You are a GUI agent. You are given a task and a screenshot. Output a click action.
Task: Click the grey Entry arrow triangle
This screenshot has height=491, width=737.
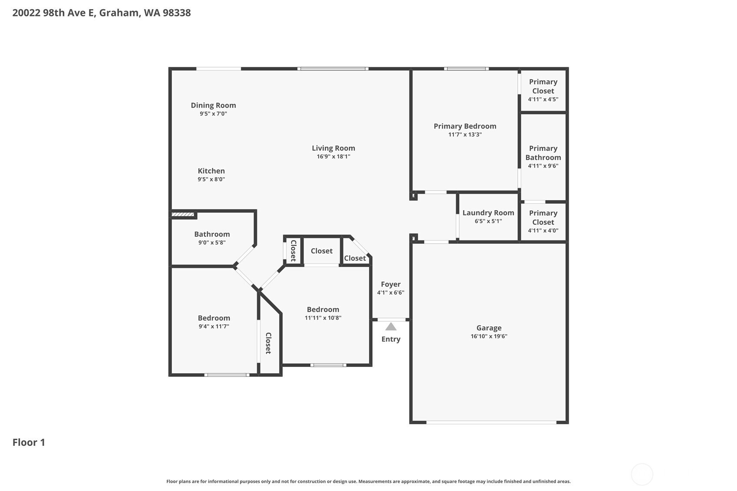pos(390,326)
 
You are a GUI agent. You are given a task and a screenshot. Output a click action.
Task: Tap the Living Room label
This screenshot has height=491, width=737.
pos(333,148)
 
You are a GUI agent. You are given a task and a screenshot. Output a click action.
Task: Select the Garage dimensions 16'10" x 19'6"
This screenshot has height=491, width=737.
pos(489,336)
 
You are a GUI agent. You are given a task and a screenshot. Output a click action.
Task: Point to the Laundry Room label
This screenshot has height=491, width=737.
pos(488,213)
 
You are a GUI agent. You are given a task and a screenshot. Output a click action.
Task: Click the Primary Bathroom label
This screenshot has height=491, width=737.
pos(543,153)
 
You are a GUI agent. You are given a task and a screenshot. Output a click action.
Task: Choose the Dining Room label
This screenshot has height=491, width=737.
pos(213,105)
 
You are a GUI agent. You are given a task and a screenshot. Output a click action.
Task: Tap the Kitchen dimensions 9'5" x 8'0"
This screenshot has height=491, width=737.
pos(211,179)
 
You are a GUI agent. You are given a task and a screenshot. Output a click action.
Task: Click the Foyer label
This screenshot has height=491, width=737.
pos(390,284)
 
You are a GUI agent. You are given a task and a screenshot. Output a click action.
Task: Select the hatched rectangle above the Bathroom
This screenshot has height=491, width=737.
pos(183,215)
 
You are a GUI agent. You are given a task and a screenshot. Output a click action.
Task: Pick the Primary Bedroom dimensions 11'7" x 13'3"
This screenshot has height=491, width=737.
pos(465,135)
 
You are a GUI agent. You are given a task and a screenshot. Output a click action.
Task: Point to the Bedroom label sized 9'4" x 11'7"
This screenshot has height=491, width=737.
pos(214,318)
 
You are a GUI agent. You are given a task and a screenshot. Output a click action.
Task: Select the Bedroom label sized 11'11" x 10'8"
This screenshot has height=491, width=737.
pos(323,310)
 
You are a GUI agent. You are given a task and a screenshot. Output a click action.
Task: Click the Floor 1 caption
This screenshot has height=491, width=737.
pos(29,442)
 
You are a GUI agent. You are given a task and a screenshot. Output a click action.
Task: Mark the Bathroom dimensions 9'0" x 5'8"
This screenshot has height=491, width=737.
pos(212,243)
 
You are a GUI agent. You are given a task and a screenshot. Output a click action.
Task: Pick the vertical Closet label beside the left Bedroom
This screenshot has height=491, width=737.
pos(268,343)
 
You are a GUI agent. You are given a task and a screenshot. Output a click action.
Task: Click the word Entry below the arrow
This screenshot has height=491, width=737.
pos(391,339)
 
